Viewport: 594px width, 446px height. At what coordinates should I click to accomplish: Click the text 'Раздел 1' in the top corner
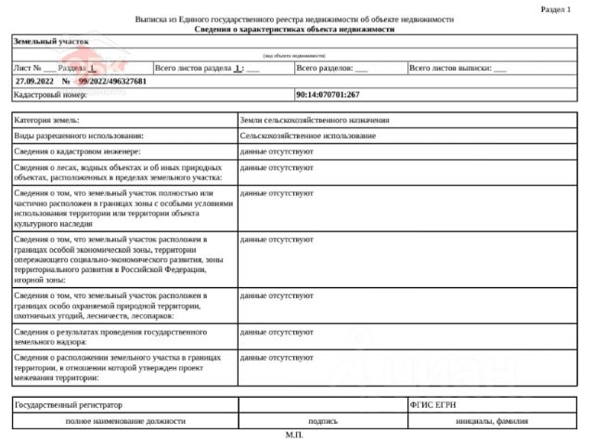555,8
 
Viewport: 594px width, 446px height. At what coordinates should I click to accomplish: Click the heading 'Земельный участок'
51,42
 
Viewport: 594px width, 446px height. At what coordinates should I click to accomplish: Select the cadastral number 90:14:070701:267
327,95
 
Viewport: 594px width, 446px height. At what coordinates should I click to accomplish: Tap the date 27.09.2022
35,82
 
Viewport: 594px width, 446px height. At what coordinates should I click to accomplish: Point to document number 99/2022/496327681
112,82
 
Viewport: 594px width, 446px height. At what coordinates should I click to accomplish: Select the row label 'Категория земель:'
47,121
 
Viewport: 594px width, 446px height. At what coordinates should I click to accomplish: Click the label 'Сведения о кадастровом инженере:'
77,151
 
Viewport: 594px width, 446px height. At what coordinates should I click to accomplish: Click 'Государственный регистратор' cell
69,405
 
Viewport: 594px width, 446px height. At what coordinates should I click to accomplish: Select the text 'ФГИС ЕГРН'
432,405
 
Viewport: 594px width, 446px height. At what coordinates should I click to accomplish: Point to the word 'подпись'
322,421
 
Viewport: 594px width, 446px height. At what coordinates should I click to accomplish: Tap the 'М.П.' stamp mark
294,435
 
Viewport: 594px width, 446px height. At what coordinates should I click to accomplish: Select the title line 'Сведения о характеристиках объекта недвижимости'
294,29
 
